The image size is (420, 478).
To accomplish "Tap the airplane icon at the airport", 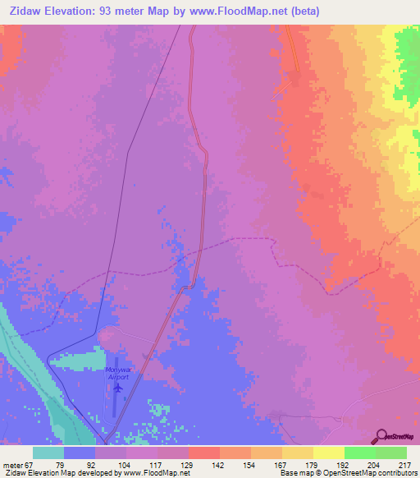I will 117,387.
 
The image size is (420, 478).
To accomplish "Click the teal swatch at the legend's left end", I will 48,453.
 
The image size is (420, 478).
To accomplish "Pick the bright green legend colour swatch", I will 359,453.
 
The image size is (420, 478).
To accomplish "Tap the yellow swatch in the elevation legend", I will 328,453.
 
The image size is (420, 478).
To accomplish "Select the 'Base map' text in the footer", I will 294,473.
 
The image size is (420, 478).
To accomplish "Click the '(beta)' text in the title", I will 301,11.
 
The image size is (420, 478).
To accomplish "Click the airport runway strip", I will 112,394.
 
